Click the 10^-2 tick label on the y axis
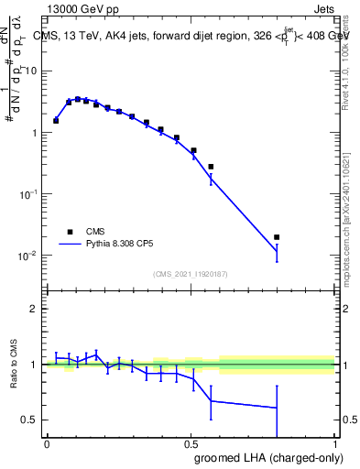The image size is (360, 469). point(30,256)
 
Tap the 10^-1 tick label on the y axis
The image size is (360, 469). point(30,194)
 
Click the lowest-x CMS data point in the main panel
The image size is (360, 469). point(56,120)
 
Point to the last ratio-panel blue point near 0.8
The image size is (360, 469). point(277,408)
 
